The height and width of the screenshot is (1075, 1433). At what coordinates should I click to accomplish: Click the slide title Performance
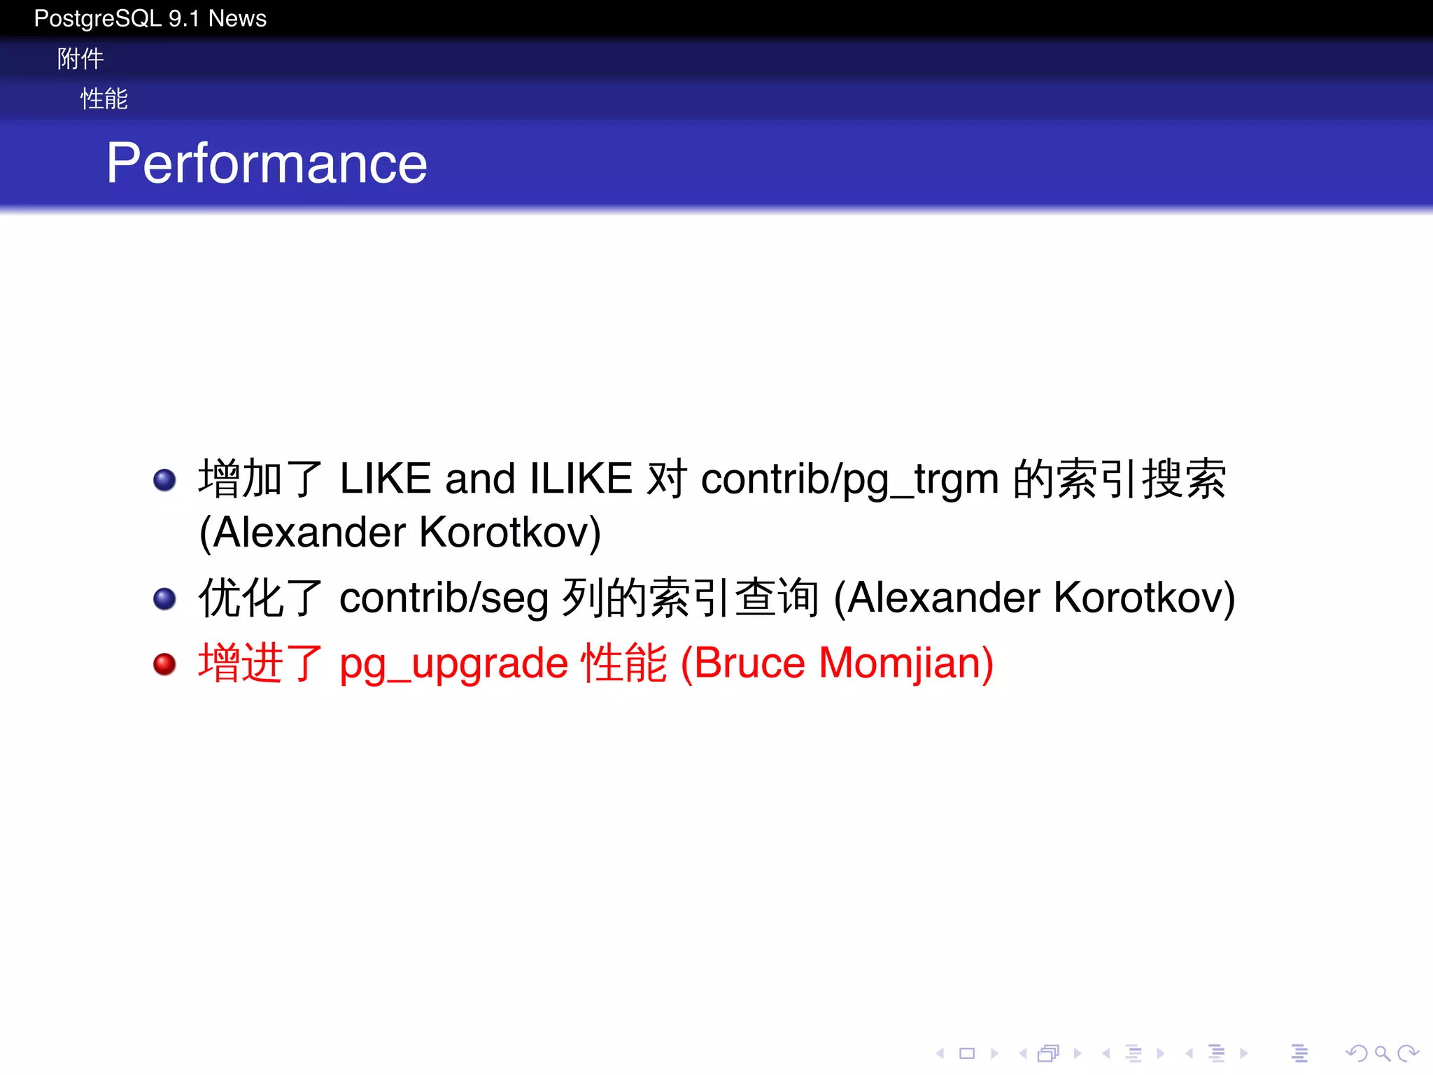[267, 164]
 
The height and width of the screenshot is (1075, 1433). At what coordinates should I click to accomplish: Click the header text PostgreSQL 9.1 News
[150, 18]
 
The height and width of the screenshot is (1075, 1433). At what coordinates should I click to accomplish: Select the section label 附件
[80, 59]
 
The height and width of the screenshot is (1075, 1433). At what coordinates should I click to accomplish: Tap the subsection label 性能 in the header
[104, 99]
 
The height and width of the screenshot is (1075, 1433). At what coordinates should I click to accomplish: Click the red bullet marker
[164, 663]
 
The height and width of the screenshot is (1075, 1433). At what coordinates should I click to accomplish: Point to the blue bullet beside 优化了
[164, 598]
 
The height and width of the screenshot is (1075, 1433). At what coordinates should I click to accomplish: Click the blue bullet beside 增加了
[164, 479]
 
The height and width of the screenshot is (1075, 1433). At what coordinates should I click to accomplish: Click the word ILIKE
[581, 479]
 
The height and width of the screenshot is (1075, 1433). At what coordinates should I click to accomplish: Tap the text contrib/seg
[444, 599]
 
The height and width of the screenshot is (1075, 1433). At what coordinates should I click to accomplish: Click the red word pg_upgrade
[453, 665]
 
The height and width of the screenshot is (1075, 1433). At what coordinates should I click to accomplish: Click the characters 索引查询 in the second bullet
[733, 598]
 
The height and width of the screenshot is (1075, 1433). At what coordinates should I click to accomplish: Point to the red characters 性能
[624, 663]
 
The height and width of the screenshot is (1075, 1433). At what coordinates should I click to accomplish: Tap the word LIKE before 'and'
[385, 479]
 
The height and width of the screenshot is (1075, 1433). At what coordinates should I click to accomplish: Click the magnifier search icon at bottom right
[1381, 1053]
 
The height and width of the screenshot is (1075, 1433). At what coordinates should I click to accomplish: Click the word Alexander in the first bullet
[309, 533]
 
